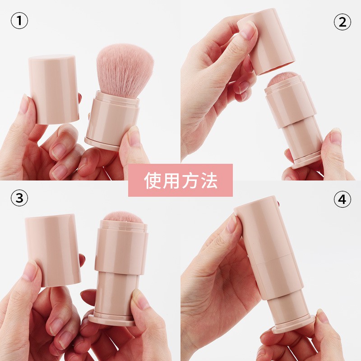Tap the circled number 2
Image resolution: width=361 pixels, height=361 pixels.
(342, 21)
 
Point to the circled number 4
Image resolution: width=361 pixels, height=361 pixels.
(342, 199)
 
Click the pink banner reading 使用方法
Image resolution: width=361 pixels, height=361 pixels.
(180, 180)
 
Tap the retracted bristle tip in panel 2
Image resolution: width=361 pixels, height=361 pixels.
(287, 78)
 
